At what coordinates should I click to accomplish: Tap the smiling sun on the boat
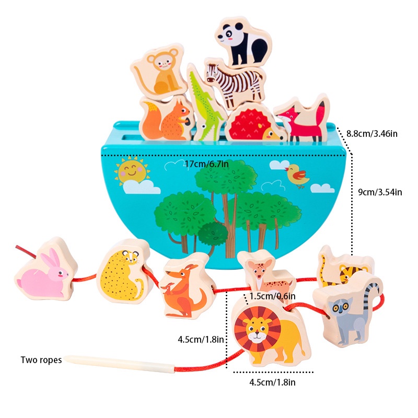pyautogui.click(x=131, y=171)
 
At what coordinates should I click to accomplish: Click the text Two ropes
pyautogui.click(x=41, y=359)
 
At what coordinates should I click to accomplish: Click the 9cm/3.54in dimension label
pyautogui.click(x=379, y=192)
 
